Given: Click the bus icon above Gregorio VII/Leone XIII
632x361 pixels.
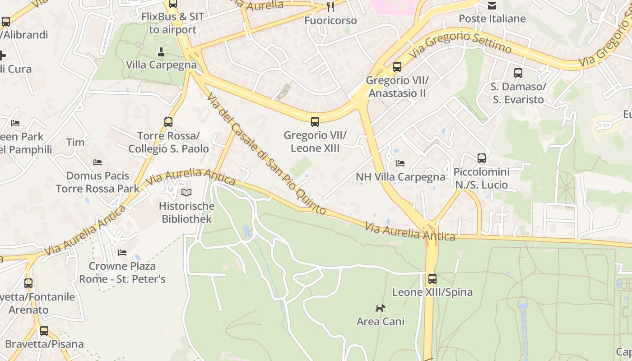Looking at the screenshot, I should pos(315,121).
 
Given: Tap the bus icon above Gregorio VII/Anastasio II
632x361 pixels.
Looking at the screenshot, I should pos(397,67).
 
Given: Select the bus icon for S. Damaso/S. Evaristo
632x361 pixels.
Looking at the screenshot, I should pos(518,73).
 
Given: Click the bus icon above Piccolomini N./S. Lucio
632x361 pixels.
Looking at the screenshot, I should pos(482,158).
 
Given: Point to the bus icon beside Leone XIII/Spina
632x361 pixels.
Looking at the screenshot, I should pos(432,279).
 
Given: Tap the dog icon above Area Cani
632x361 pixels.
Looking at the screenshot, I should pos(381,308).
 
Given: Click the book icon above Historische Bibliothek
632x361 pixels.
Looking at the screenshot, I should pos(186,193).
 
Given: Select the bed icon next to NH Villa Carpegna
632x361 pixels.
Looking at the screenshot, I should pos(400,163).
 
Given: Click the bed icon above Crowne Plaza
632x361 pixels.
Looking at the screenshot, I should pos(122,253).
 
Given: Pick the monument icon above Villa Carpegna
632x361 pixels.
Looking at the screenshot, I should pos(161,51).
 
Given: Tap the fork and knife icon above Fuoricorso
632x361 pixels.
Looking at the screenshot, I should pos(330,7).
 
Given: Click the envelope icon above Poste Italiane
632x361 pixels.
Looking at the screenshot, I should pos(492,5).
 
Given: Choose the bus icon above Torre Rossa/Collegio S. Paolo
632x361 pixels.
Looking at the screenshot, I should pos(168,122).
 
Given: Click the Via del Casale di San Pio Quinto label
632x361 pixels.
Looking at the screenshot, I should pos(266,153).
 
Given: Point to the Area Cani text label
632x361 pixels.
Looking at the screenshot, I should pos(381,321).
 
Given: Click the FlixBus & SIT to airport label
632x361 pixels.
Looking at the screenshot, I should pos(173,23).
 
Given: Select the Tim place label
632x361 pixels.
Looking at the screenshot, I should pos(75,143).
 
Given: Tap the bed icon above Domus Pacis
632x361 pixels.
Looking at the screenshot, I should pos(98,162).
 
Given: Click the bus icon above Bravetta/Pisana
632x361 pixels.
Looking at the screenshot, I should pos(44,331).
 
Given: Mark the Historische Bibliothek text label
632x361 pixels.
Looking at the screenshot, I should pos(187,213).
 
